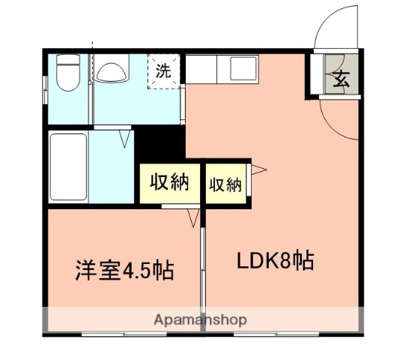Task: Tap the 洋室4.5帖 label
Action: (x=124, y=269)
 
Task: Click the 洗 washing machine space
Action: (x=163, y=71)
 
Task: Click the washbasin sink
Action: (x=112, y=73)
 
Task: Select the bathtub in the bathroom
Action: (x=68, y=166)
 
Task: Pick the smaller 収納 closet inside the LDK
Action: (x=225, y=183)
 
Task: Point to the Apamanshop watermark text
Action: (x=200, y=320)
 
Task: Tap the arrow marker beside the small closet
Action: (x=256, y=169)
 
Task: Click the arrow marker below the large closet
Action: (x=193, y=217)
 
